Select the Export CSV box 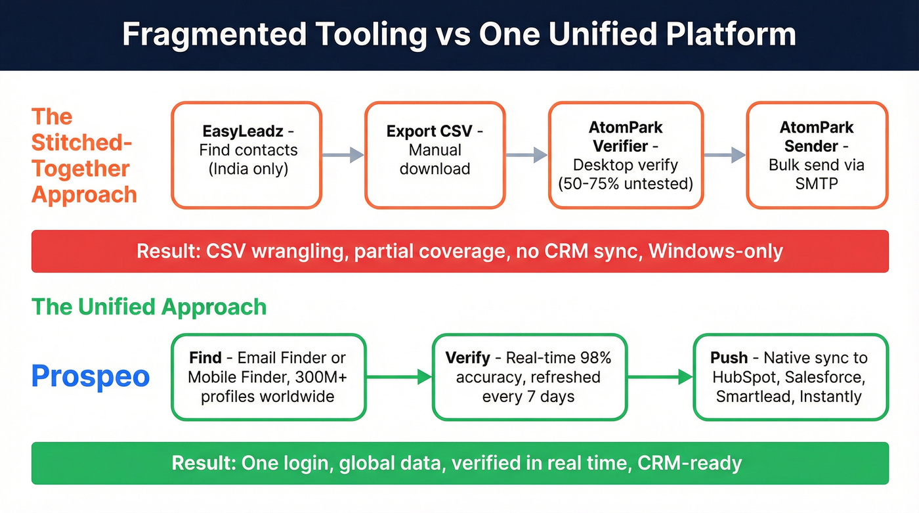(435, 155)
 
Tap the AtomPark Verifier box (625, 155)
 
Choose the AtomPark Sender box (817, 155)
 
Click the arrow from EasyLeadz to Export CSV (343, 155)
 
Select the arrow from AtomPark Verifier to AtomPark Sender (724, 155)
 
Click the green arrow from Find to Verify (399, 377)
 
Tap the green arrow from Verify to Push (660, 377)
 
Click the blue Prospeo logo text (91, 377)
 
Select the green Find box (268, 377)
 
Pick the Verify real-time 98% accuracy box (529, 377)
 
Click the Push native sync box (790, 377)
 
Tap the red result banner (460, 252)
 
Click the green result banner (460, 463)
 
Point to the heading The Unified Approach (149, 307)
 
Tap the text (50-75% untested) (625, 183)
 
